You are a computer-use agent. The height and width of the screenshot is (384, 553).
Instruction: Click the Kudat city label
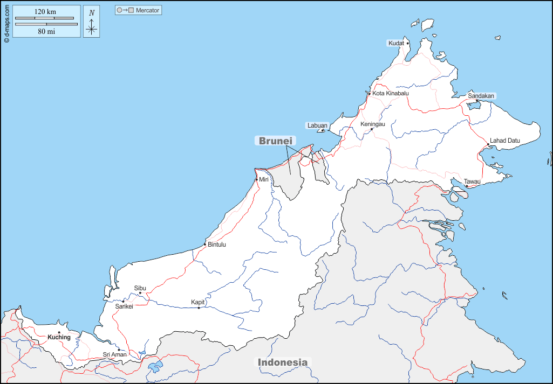(396, 43)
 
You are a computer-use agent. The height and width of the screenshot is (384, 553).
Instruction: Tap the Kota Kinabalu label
(390, 93)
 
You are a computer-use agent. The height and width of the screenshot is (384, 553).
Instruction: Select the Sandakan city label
(481, 96)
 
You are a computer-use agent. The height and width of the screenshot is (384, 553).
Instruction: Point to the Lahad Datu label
(504, 141)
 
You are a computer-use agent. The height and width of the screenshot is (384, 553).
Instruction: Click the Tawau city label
(472, 181)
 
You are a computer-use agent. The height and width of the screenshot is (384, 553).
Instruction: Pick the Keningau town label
(372, 124)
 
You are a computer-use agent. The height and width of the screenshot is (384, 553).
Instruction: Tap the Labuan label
(317, 125)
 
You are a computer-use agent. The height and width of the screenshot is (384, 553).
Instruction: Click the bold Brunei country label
(275, 141)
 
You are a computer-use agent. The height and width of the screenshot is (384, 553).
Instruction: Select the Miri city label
(264, 179)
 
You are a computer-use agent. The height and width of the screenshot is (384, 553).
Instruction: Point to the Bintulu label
(216, 245)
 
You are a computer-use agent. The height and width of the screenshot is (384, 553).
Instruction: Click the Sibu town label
(140, 288)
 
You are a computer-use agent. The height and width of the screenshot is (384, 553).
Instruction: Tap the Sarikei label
(124, 306)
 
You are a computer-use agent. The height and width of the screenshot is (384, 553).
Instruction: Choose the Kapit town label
(197, 302)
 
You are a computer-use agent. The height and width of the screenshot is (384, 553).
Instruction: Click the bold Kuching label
(59, 337)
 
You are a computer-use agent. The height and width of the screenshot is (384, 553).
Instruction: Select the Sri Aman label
(114, 354)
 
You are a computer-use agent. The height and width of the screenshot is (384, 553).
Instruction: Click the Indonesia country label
(283, 362)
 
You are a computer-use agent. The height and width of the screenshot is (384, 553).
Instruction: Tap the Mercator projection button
(138, 10)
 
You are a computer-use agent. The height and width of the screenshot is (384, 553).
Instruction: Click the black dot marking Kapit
(199, 308)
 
